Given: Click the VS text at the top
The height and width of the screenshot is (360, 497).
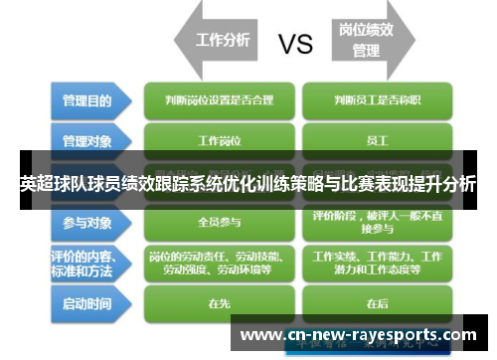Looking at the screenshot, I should pyautogui.click(x=295, y=43).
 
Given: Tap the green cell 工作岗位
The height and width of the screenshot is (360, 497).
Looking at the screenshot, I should pyautogui.click(x=220, y=139).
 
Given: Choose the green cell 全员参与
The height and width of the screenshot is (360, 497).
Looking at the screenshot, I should pyautogui.click(x=220, y=221).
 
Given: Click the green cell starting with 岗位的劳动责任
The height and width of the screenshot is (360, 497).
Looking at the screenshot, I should pyautogui.click(x=220, y=262).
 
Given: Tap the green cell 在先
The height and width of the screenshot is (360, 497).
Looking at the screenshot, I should pyautogui.click(x=220, y=302).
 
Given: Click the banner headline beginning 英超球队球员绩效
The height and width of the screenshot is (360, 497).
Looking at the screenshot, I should pyautogui.click(x=248, y=184).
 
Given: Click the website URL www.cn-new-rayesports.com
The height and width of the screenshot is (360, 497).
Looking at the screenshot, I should pyautogui.click(x=359, y=335).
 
